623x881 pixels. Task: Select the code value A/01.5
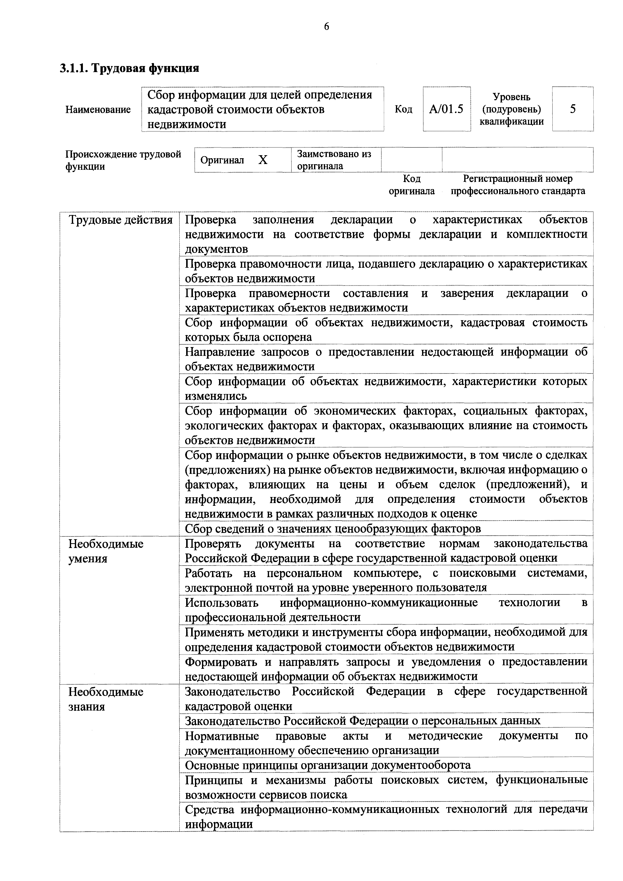446,109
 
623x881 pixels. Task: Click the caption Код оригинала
411,185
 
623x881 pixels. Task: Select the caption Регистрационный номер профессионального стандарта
517,185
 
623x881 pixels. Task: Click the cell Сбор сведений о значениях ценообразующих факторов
332,529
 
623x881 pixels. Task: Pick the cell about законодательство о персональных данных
362,721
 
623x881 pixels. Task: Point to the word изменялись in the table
216,396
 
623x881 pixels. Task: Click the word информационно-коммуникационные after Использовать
379,603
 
